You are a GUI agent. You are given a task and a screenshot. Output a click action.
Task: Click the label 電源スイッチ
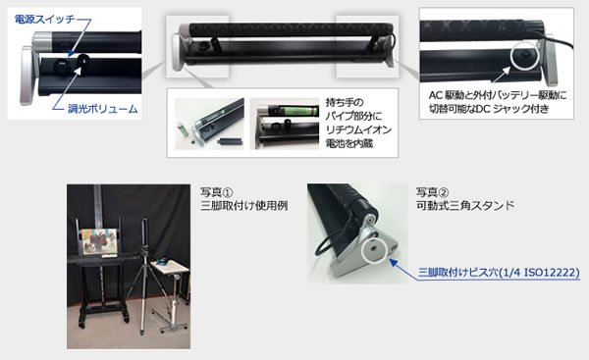[x=44, y=20]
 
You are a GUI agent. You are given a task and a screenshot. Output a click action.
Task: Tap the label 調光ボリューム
[x=102, y=109]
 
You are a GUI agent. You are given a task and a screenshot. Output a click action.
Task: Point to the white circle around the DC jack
[x=525, y=56]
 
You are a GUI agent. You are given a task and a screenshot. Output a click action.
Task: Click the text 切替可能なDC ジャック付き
[x=489, y=109]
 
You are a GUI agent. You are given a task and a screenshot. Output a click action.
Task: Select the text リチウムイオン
[x=358, y=129]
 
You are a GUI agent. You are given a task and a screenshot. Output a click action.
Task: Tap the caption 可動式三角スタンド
[x=465, y=206]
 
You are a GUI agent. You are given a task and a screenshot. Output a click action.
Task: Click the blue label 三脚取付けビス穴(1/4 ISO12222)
[x=499, y=272]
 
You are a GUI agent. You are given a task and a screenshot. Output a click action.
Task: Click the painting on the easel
[x=99, y=242]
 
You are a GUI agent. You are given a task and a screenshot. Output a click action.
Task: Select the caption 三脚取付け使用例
[x=244, y=206]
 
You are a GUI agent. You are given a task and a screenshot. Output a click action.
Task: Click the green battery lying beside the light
[x=185, y=129]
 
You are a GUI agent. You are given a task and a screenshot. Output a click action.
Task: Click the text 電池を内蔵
[x=348, y=143]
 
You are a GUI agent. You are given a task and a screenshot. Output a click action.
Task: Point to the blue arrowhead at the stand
[x=392, y=262]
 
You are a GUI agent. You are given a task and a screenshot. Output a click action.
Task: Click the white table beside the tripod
[x=170, y=266]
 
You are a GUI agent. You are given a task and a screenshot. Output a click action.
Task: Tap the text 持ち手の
[x=345, y=102]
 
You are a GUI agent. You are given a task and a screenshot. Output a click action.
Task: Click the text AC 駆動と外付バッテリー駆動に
[x=498, y=95]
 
